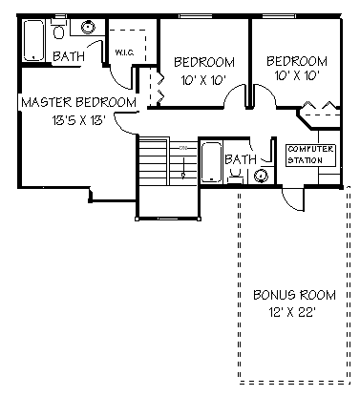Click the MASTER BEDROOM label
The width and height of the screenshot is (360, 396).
pyautogui.click(x=77, y=102)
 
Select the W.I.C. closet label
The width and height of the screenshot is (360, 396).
pyautogui.click(x=124, y=52)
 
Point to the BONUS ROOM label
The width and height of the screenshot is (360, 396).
pyautogui.click(x=287, y=294)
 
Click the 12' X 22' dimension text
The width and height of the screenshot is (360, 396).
pyautogui.click(x=287, y=310)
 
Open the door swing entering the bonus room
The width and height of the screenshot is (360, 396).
pyautogui.click(x=294, y=200)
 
